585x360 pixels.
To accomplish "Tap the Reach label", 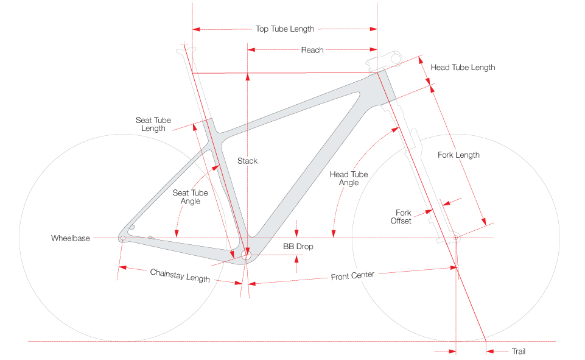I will (x=312, y=50).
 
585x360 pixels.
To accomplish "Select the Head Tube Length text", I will (x=463, y=68).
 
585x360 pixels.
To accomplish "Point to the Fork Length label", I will (x=458, y=155).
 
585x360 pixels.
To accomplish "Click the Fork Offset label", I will (x=401, y=217).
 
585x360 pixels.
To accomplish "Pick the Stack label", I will (x=248, y=161).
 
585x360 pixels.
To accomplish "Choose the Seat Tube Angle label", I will (x=191, y=197).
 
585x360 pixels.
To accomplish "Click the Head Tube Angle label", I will (x=349, y=178).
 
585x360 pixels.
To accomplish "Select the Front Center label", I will (x=352, y=276).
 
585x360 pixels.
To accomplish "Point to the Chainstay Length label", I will (x=180, y=275).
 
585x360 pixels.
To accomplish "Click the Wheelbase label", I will (x=71, y=238).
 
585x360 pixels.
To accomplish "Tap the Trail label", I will (x=518, y=351).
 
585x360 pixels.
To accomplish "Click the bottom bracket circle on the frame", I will (x=247, y=256).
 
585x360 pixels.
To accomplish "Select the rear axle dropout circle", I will (x=122, y=238).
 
